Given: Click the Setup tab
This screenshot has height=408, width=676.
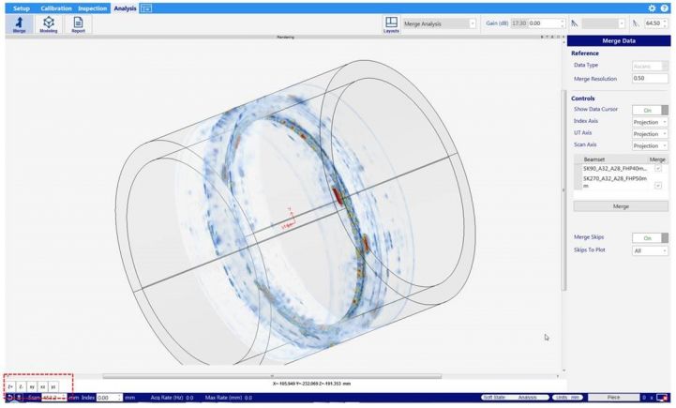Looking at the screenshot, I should (21, 8).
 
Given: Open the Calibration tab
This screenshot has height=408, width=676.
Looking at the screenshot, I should (56, 8).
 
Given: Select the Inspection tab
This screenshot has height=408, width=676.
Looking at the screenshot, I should (92, 8).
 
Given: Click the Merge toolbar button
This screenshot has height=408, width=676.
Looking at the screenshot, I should (20, 24).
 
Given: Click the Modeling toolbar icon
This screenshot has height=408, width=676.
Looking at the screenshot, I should (48, 24).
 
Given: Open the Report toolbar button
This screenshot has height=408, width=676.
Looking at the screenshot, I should (78, 24).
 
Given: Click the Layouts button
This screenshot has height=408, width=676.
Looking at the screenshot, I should (390, 24).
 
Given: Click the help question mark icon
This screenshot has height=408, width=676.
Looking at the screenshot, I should (665, 8).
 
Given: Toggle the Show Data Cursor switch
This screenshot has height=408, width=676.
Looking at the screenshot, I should (650, 110).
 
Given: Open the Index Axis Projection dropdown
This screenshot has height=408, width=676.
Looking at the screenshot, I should (650, 122).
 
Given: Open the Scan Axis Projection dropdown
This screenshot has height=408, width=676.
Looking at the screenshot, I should (650, 146).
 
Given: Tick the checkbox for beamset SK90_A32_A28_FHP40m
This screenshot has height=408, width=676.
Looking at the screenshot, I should (658, 169).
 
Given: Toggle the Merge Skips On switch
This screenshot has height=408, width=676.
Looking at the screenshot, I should (650, 238).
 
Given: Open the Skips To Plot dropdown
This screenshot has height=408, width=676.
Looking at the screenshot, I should (650, 251).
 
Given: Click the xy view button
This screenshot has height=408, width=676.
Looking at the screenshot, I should (31, 386).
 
